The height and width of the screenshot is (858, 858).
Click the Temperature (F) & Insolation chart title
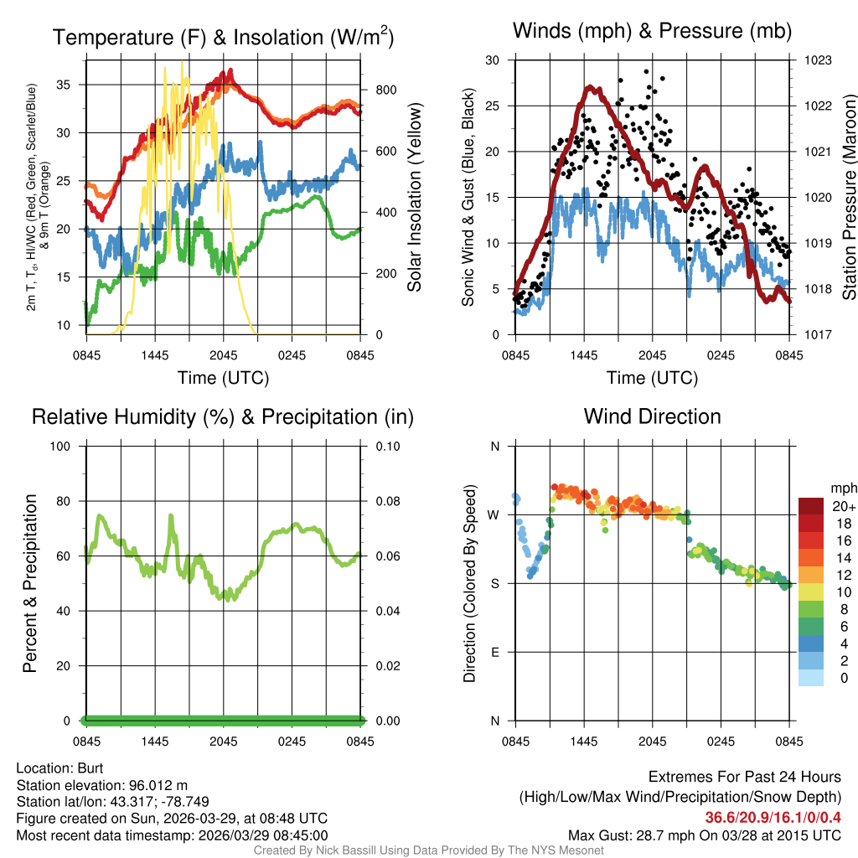point(223,37)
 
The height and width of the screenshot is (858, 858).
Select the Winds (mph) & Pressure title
point(652,31)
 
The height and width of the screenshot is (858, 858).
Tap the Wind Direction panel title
point(652,416)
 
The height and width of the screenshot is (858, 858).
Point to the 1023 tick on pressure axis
point(817,60)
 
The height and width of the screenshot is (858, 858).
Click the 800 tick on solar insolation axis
point(380,90)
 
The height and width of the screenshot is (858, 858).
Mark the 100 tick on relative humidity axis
point(66,446)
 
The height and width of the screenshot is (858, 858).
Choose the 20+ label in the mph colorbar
point(842,506)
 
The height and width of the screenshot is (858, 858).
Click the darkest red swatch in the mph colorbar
point(811,506)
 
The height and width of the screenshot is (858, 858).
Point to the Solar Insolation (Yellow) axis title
point(414,198)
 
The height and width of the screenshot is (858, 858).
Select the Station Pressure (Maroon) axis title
point(849,197)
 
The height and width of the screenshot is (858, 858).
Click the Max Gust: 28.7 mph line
point(704,835)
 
